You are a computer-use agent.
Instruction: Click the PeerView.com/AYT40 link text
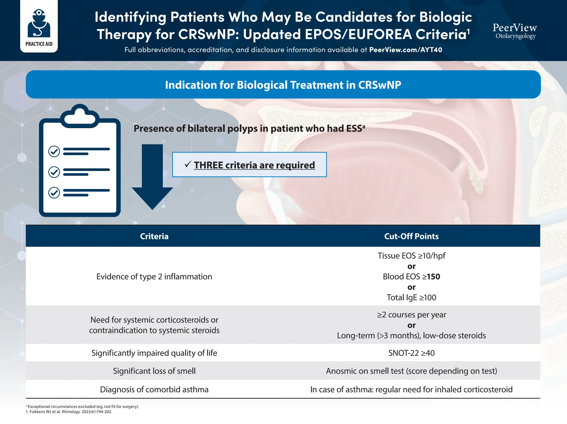[405, 50]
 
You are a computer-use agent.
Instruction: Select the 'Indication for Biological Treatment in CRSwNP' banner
[283, 85]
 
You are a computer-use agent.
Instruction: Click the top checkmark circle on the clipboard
[54, 151]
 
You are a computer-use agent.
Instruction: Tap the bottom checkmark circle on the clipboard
[54, 192]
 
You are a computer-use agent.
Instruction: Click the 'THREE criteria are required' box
[249, 165]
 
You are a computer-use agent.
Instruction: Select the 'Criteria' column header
[154, 236]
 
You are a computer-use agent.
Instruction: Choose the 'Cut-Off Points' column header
[411, 236]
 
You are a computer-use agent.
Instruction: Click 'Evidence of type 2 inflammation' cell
[154, 277]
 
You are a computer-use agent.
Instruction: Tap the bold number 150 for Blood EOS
[434, 277]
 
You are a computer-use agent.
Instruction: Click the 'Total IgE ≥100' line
[411, 298]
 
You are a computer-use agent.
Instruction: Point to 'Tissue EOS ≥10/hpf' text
[411, 256]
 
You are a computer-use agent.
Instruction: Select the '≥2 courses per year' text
[411, 315]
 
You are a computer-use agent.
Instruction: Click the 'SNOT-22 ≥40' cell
[411, 353]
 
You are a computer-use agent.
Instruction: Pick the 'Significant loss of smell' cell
[154, 371]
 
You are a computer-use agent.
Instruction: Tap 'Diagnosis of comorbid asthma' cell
[154, 390]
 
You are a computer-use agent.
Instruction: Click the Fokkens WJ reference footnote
[69, 412]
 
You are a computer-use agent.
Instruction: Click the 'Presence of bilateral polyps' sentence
[249, 129]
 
